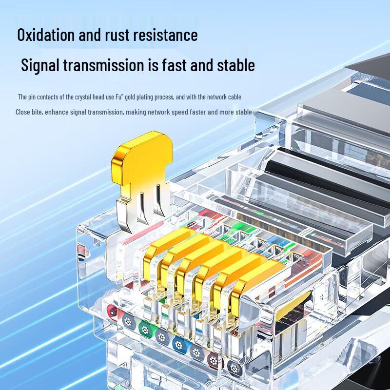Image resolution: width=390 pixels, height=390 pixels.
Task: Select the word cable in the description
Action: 233,97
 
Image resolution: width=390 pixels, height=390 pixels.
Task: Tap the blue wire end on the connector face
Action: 177,341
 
